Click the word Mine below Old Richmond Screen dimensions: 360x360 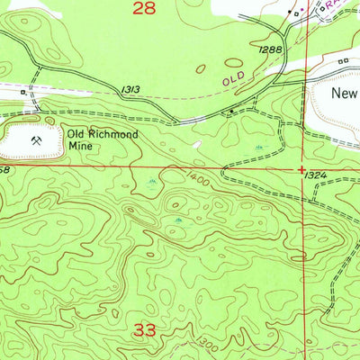82,150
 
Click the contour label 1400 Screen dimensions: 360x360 201,183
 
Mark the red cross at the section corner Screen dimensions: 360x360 302,168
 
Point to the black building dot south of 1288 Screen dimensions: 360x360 232,112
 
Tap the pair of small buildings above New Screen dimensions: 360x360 344,62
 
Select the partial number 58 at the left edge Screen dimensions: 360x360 4,168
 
